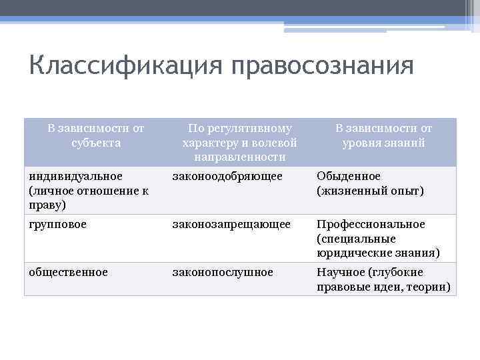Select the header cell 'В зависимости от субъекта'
click(x=96, y=135)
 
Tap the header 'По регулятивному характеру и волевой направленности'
click(x=239, y=142)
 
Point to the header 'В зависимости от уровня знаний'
click(x=383, y=135)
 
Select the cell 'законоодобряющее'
click(x=227, y=176)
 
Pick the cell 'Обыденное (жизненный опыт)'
click(x=370, y=183)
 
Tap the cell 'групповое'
click(x=57, y=224)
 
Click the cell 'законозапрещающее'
click(x=231, y=224)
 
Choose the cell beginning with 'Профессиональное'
click(x=378, y=239)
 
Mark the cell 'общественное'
click(x=68, y=272)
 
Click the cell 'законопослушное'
click(x=223, y=272)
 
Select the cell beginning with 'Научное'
click(x=383, y=279)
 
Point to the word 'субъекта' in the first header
click(x=96, y=142)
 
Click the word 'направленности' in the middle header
click(x=239, y=157)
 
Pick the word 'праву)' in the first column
click(x=47, y=205)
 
